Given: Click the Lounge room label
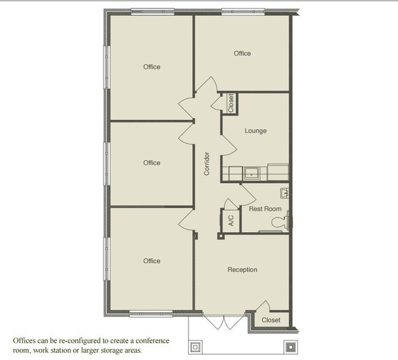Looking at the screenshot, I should (255, 130).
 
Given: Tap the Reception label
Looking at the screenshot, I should (242, 269).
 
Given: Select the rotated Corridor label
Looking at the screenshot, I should (207, 163).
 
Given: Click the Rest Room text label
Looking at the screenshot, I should (265, 209).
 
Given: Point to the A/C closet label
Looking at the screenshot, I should (231, 220).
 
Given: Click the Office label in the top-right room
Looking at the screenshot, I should (242, 53).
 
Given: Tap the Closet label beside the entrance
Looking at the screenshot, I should (271, 320).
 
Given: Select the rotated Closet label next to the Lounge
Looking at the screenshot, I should (231, 103).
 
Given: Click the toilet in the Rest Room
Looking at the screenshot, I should (283, 223).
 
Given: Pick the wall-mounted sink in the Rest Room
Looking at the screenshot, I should (285, 194).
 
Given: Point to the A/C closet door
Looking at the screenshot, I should (230, 204).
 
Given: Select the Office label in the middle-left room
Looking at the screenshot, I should (151, 163).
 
